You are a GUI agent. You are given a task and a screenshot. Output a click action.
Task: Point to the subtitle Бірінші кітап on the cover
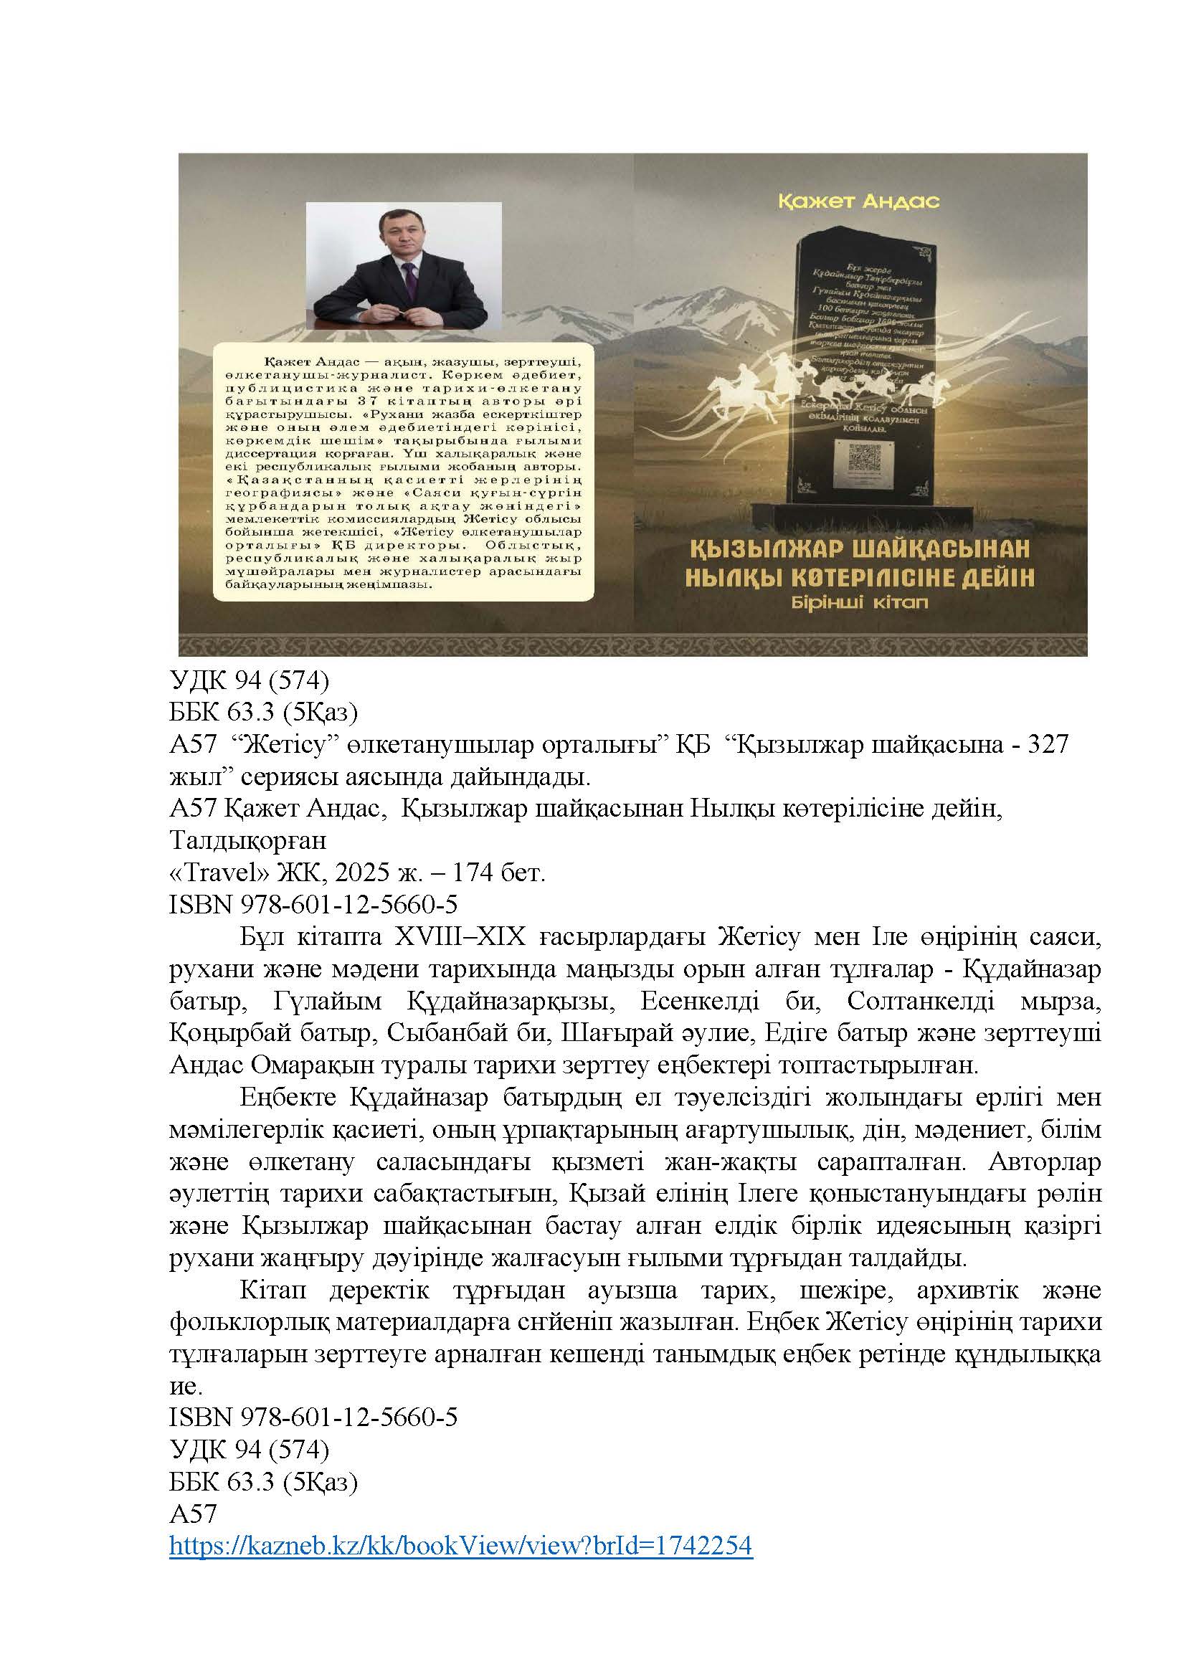(x=860, y=603)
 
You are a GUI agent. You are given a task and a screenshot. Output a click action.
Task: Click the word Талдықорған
(x=248, y=841)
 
